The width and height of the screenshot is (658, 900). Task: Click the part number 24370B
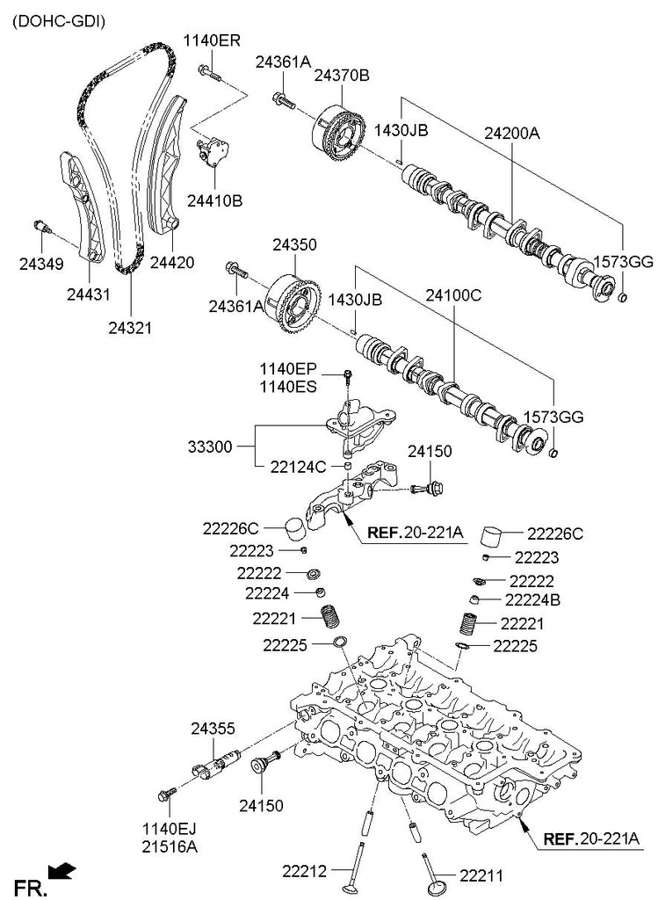point(342,76)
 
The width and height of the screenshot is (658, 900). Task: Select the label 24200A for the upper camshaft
point(511,134)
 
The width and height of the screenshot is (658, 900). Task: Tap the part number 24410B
point(214,201)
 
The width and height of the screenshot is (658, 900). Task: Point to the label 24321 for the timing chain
point(130,328)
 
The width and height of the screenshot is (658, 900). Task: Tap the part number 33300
point(210,446)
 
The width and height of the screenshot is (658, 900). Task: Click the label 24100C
point(453,295)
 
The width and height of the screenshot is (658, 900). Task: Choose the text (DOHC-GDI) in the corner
point(59,22)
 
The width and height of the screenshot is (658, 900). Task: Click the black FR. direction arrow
point(62,870)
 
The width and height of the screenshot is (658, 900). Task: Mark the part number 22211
point(481,876)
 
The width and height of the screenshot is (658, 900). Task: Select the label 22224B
point(532,600)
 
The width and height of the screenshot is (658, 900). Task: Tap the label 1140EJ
point(170,829)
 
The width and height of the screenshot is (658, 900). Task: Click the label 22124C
point(298,468)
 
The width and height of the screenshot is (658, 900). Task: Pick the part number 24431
point(89,294)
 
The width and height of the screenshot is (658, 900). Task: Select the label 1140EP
point(288,369)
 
